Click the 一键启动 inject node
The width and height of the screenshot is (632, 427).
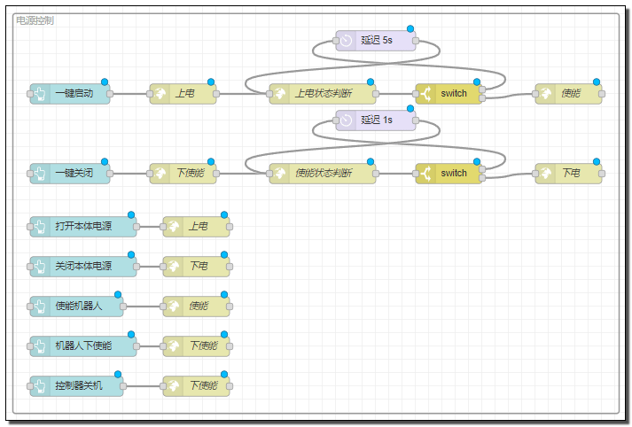click(70, 94)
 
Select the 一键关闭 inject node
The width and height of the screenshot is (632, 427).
click(70, 174)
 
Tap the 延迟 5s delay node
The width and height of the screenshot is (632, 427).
click(376, 41)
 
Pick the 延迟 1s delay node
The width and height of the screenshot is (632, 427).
click(376, 120)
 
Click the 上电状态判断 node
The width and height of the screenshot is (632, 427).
click(323, 94)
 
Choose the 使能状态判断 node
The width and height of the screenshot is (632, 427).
click(323, 174)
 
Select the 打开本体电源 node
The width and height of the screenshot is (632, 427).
click(83, 227)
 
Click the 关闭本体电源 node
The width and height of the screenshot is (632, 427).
click(83, 267)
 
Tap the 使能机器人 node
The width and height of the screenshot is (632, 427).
click(76, 307)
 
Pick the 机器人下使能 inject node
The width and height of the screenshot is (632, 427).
click(83, 346)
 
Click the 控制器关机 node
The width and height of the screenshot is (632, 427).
click(76, 386)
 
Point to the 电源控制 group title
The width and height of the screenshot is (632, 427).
click(35, 20)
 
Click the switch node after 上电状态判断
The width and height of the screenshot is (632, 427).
click(449, 94)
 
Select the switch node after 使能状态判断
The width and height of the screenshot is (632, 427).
click(449, 174)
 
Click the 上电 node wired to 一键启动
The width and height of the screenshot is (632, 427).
click(183, 94)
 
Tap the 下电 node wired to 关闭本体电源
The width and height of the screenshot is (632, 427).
click(196, 267)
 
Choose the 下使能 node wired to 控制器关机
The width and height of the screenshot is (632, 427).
click(196, 386)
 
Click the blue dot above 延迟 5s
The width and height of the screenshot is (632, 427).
click(410, 28)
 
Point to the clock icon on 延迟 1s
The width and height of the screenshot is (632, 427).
click(346, 120)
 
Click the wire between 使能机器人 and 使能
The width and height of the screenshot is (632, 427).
click(143, 307)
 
